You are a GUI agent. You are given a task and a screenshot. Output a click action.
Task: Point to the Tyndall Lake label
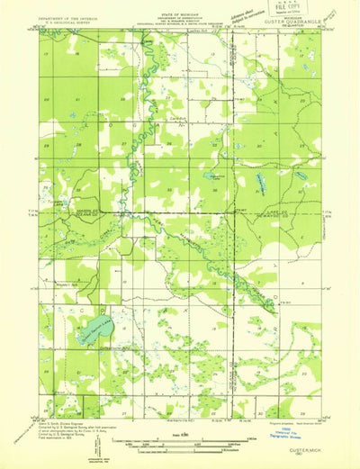coord(58,203)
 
